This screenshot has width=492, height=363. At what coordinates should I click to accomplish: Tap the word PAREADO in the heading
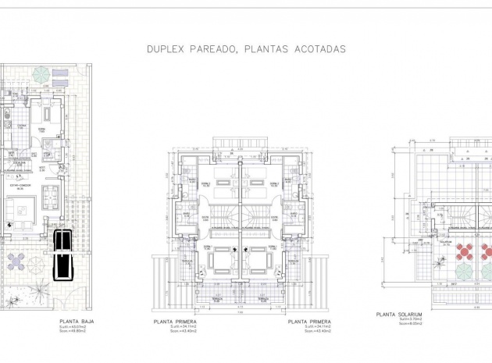(x=212, y=48)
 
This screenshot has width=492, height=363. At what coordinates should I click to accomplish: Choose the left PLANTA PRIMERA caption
(x=175, y=321)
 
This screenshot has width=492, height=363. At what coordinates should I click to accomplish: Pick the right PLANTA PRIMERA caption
(x=308, y=321)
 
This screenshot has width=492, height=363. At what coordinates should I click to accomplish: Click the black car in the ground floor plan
(x=59, y=254)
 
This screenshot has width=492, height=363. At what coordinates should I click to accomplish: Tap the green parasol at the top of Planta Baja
(x=41, y=74)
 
